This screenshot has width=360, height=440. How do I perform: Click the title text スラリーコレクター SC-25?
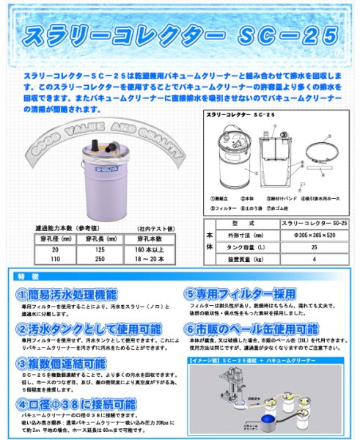tap(180, 34)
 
